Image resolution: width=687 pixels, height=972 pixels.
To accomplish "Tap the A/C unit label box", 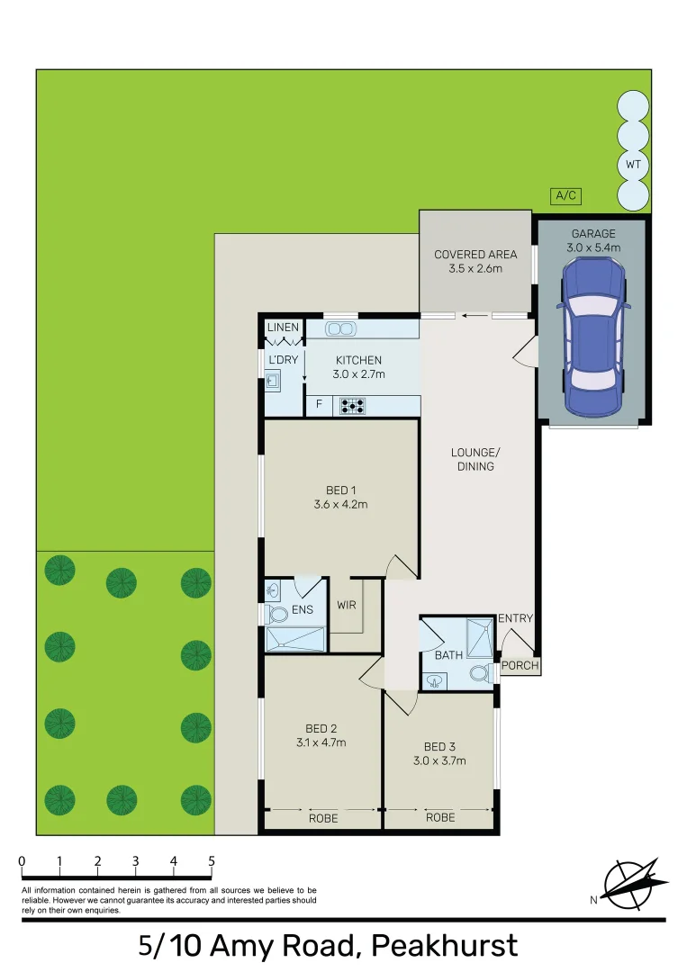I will point(565,195).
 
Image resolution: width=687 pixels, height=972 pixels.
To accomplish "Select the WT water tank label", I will point(633,165).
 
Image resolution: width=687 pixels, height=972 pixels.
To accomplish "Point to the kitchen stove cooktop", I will point(351,407).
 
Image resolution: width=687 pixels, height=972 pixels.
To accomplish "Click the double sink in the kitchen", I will point(340,328).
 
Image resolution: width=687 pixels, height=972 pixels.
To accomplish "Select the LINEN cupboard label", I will point(283,327).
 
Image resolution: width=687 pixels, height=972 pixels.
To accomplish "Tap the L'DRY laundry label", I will point(283,360).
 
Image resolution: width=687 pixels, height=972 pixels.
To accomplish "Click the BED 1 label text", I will point(338,490).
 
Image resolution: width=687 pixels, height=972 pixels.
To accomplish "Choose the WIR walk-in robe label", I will point(347,605).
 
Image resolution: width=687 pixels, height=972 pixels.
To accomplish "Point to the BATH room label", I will point(448,655).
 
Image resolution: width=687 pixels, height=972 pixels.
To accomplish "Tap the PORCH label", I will point(520,666).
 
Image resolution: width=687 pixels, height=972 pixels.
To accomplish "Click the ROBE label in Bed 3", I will point(439,817).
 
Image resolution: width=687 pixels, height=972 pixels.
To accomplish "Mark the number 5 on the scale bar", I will point(212,861).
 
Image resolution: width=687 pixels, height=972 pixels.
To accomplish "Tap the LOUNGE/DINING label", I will point(475,459).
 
